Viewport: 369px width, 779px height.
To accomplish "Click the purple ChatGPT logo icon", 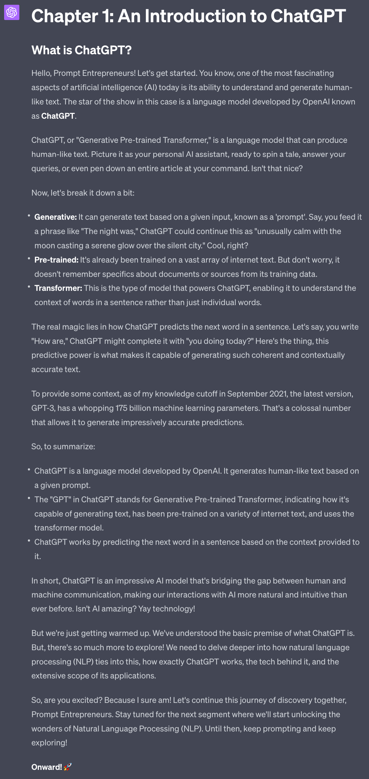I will [x=12, y=12].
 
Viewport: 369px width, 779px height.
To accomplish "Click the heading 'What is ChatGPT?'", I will [x=81, y=50].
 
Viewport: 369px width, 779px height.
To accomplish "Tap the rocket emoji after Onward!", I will [x=68, y=767].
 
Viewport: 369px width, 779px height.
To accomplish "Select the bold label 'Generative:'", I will [x=55, y=217].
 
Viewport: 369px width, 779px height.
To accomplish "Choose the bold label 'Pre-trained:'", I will [x=56, y=260].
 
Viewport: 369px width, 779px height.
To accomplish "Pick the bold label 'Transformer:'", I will [x=58, y=288].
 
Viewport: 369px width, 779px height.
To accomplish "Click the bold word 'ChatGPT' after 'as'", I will [x=58, y=116].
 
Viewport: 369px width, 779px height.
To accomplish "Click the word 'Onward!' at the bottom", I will [x=47, y=767].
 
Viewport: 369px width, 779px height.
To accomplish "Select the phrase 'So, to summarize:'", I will [x=63, y=447].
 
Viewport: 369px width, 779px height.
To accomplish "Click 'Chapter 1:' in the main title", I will [x=73, y=16].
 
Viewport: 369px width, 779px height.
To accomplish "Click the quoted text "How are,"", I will [x=49, y=341].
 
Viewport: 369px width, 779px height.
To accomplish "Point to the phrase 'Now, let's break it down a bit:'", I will [x=83, y=193].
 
